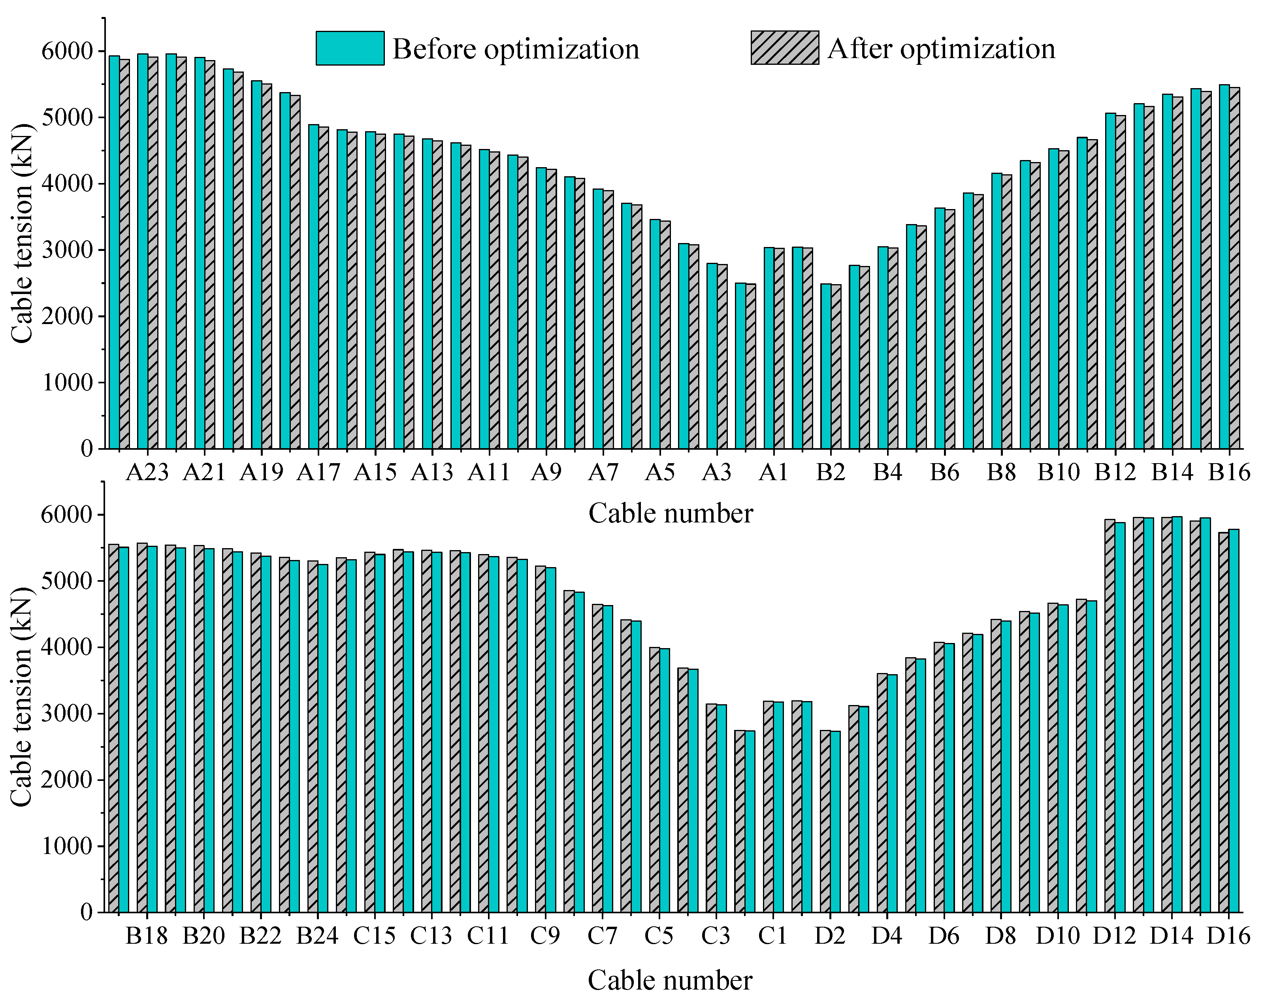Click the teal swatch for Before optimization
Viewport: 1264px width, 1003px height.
pos(350,48)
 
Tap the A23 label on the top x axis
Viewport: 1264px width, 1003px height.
pos(147,472)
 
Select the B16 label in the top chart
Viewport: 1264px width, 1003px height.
pos(1228,472)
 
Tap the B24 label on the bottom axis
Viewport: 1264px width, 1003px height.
pos(317,935)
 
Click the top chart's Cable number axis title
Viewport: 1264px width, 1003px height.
pos(670,513)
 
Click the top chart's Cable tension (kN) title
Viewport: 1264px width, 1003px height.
pos(22,233)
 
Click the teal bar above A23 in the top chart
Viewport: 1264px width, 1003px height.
pos(143,252)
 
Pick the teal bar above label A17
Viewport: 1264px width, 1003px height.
pos(314,287)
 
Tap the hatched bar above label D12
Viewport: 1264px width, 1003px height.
pos(1110,715)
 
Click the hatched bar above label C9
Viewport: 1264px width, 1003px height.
pos(540,739)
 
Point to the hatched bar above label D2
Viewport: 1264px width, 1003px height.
pos(825,821)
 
